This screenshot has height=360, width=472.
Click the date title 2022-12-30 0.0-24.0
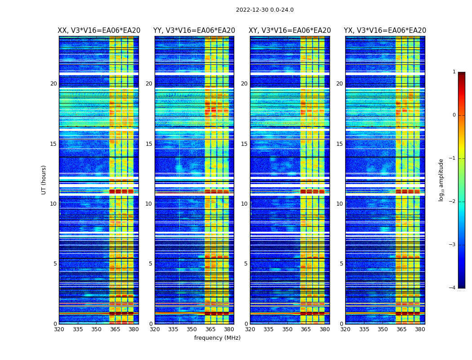tap(265, 10)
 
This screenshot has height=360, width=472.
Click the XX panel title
tap(99, 31)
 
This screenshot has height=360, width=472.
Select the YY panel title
tap(194, 31)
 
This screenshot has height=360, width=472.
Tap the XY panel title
tap(289, 31)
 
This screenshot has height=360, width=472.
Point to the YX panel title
tap(385, 31)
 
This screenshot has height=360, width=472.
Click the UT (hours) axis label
tap(44, 180)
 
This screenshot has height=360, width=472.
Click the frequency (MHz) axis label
tap(217, 338)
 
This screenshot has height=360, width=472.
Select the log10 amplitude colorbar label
tap(441, 180)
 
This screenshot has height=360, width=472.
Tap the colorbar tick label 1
tap(454, 72)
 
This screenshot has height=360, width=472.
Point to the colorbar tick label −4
tap(453, 288)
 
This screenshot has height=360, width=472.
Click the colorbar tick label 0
tap(454, 115)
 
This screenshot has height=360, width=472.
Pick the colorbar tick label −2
tap(453, 202)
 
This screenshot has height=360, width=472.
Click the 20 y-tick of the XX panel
tap(53, 84)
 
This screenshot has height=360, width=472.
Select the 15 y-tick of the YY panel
tap(149, 144)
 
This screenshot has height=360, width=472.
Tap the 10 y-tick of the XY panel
tap(244, 204)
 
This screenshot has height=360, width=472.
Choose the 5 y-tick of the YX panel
tap(341, 264)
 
